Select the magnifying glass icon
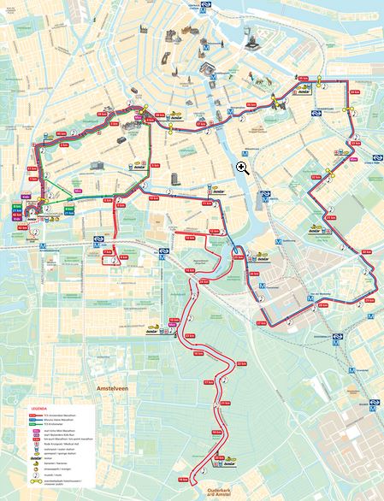tap(243, 168)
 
